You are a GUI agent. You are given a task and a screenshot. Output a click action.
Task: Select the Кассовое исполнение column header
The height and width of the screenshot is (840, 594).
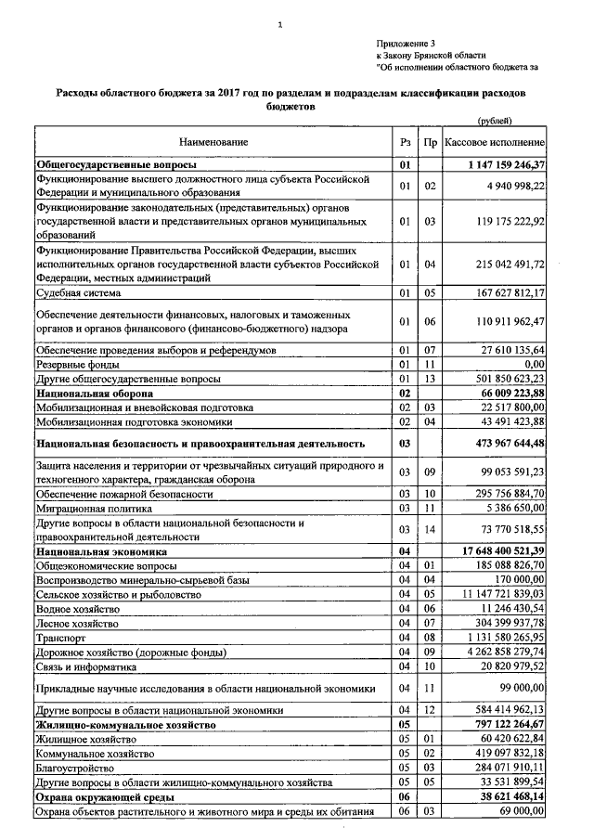pos(494,142)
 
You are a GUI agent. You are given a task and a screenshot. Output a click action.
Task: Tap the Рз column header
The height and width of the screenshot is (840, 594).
pos(404,142)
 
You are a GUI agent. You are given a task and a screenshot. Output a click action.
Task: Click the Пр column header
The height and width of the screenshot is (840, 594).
pos(429,142)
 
